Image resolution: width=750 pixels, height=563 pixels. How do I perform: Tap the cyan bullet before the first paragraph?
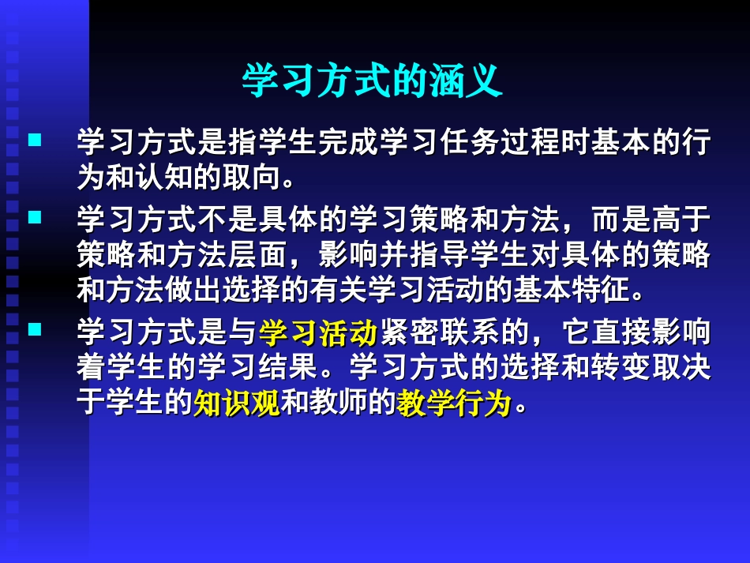34,142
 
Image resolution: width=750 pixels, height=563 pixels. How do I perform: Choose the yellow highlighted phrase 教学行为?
454,404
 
